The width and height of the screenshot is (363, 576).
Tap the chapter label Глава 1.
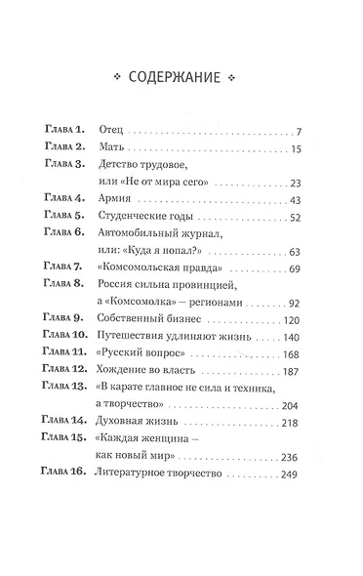66,130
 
